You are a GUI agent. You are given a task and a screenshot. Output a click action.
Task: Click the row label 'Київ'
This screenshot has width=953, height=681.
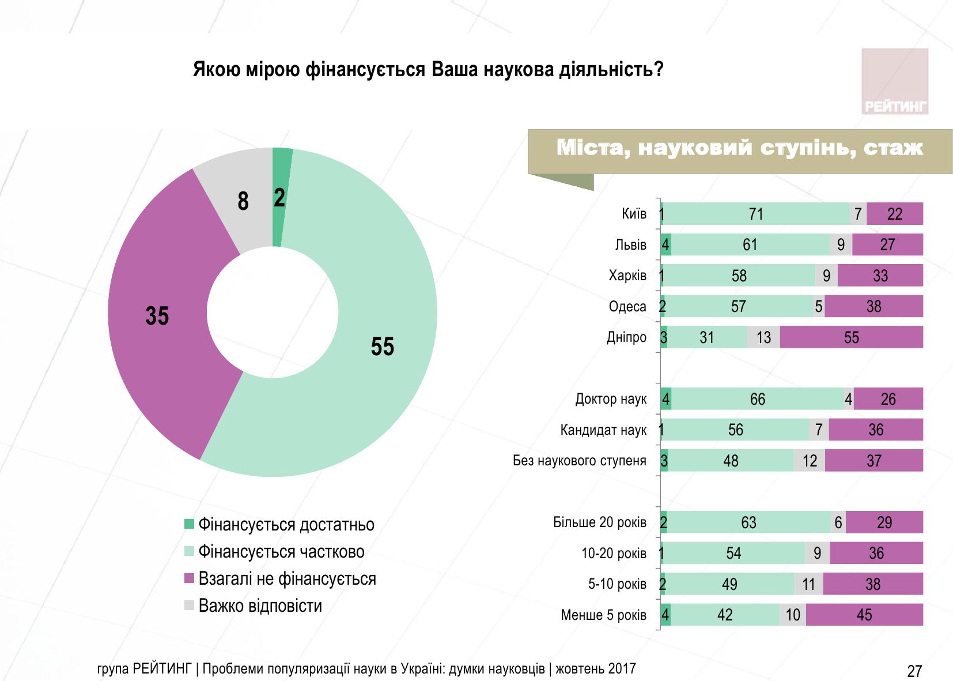tap(634, 214)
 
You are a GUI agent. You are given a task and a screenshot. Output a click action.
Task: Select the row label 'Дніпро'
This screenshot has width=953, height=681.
tap(626, 337)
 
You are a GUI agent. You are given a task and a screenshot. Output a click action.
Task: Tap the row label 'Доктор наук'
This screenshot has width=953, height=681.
tap(611, 399)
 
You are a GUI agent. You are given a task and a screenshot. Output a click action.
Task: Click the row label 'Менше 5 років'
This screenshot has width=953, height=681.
tap(603, 615)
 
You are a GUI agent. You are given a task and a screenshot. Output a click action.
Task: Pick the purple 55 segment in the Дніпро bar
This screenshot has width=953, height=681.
tap(851, 337)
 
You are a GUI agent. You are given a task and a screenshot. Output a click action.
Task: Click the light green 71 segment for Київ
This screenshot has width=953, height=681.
tap(756, 214)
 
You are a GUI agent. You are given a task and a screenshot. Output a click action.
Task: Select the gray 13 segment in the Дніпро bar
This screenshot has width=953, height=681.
tap(763, 337)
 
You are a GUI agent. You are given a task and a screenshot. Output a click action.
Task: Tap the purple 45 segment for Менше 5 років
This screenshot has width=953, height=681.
tap(864, 615)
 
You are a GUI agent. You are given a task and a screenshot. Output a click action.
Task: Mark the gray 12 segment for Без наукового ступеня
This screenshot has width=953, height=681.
tap(810, 461)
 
